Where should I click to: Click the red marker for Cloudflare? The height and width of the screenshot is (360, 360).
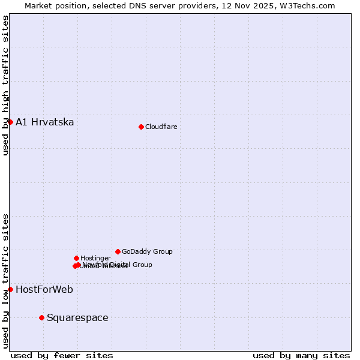tap(141, 127)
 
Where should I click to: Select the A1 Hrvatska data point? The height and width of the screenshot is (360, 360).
tap(10, 122)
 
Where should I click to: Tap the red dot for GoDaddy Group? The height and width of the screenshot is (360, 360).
tap(118, 251)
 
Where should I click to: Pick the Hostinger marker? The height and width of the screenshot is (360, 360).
tap(76, 258)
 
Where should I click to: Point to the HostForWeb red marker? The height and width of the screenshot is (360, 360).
tap(10, 289)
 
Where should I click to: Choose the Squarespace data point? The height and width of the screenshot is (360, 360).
tap(41, 317)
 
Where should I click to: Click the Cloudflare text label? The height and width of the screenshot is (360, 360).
tap(161, 127)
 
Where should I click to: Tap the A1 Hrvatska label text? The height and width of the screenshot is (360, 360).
tap(45, 122)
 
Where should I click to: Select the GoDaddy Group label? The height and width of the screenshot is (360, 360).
tap(147, 251)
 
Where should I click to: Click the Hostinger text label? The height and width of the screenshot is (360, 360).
tap(95, 258)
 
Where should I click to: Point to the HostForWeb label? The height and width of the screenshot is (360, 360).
tap(44, 290)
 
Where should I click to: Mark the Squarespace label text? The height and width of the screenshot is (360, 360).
tap(77, 318)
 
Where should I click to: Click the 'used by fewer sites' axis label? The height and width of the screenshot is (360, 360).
tap(62, 355)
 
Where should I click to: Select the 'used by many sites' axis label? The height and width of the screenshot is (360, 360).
tap(301, 355)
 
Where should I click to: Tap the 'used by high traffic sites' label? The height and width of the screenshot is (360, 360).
tap(5, 85)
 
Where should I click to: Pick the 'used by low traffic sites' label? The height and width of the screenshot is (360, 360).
tap(5, 280)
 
